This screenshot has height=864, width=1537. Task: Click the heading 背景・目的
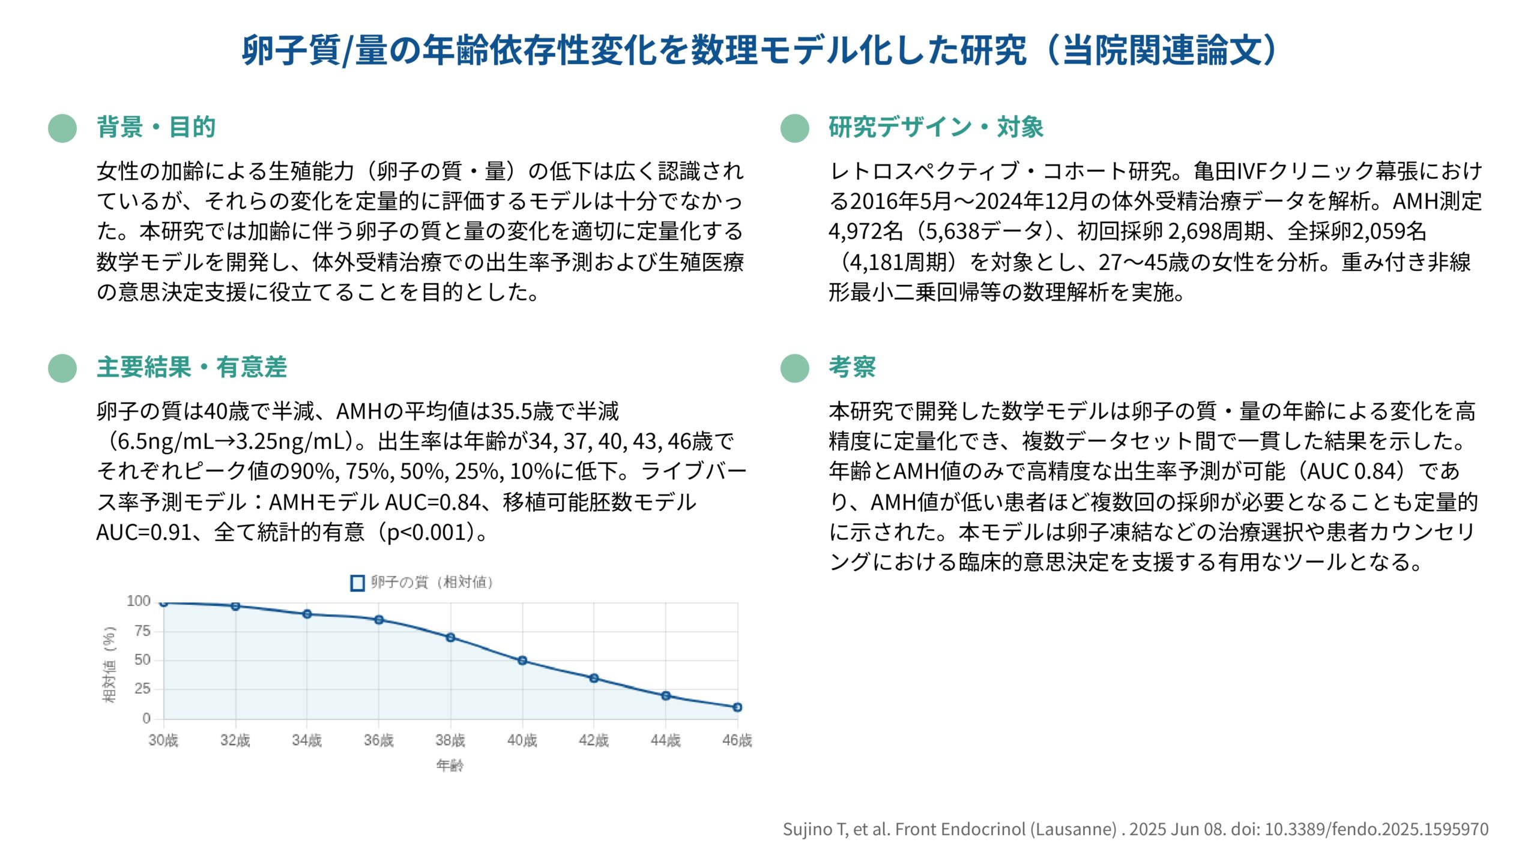tap(156, 127)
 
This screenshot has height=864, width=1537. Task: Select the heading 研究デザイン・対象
tap(935, 127)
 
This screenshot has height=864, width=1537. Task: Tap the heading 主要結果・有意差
tap(192, 367)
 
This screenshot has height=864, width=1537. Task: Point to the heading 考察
tap(852, 367)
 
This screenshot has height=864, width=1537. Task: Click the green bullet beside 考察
tap(795, 368)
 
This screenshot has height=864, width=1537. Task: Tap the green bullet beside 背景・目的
tap(62, 128)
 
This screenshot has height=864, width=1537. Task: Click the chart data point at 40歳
tap(522, 661)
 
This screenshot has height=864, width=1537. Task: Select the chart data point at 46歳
tap(737, 707)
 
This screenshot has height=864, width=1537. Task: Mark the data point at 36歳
tap(379, 620)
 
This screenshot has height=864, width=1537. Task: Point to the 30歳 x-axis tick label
tap(163, 740)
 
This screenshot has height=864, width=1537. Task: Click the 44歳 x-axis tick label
tap(665, 740)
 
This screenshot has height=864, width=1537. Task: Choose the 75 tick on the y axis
tap(142, 631)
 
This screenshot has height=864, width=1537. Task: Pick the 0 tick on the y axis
tap(146, 718)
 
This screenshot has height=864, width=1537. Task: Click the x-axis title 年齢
tap(450, 765)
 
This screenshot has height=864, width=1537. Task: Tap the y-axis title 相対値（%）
tap(109, 664)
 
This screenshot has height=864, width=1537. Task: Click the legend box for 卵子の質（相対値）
tap(357, 583)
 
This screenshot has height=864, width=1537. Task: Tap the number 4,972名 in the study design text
tap(866, 232)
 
